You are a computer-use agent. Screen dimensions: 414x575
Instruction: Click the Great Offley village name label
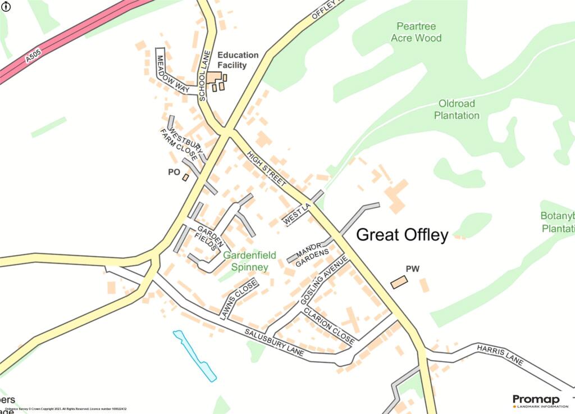tap(403, 235)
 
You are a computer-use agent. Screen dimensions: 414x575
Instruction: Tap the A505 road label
tap(34, 57)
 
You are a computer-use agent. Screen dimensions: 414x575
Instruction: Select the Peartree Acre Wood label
tap(416, 32)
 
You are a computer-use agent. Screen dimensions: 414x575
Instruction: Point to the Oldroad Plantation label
tap(456, 110)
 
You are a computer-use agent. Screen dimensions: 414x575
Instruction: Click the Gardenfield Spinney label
tap(250, 261)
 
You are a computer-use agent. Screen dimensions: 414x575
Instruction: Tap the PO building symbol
tap(185, 178)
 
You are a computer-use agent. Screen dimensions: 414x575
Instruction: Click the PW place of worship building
tap(399, 282)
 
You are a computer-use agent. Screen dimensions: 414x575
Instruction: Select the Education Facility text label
tap(238, 60)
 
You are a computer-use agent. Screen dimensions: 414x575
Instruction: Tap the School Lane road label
tap(204, 75)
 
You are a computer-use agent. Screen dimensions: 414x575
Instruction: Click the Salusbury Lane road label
tap(275, 342)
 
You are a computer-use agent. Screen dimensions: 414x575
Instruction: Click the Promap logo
tap(536, 401)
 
